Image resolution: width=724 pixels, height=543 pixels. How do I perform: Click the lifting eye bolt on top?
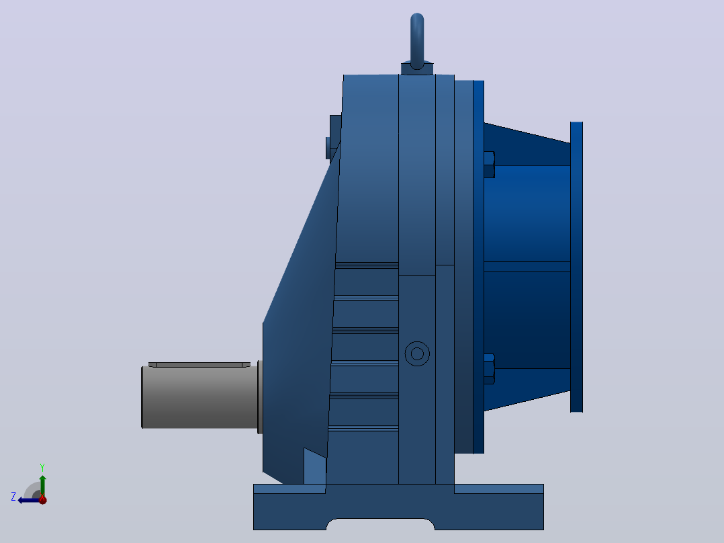[417, 41]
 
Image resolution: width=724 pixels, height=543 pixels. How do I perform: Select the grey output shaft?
[199, 397]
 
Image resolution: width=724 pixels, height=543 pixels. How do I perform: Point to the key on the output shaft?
[199, 365]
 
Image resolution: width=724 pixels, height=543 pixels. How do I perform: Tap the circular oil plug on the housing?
[417, 354]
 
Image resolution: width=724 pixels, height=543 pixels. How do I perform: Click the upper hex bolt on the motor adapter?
[490, 165]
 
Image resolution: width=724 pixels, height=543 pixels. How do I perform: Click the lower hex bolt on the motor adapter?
[490, 369]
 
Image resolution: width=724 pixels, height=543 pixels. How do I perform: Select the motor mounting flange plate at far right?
[577, 267]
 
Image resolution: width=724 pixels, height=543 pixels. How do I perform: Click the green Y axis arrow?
[42, 486]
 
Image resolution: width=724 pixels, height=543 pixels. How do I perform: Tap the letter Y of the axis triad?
[42, 468]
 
